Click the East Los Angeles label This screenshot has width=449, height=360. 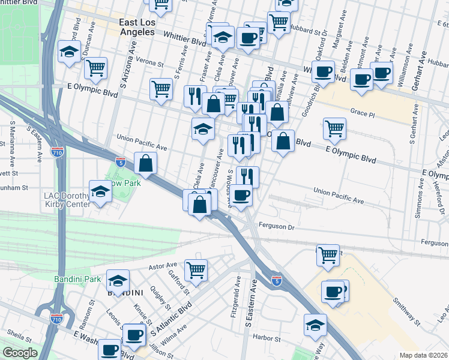click(142, 27)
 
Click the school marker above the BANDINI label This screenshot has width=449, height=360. click(118, 280)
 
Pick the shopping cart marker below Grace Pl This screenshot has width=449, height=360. click(334, 127)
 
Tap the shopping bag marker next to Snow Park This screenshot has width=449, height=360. click(145, 162)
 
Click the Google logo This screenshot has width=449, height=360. click(20, 353)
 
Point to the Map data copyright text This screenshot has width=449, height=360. click(423, 355)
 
